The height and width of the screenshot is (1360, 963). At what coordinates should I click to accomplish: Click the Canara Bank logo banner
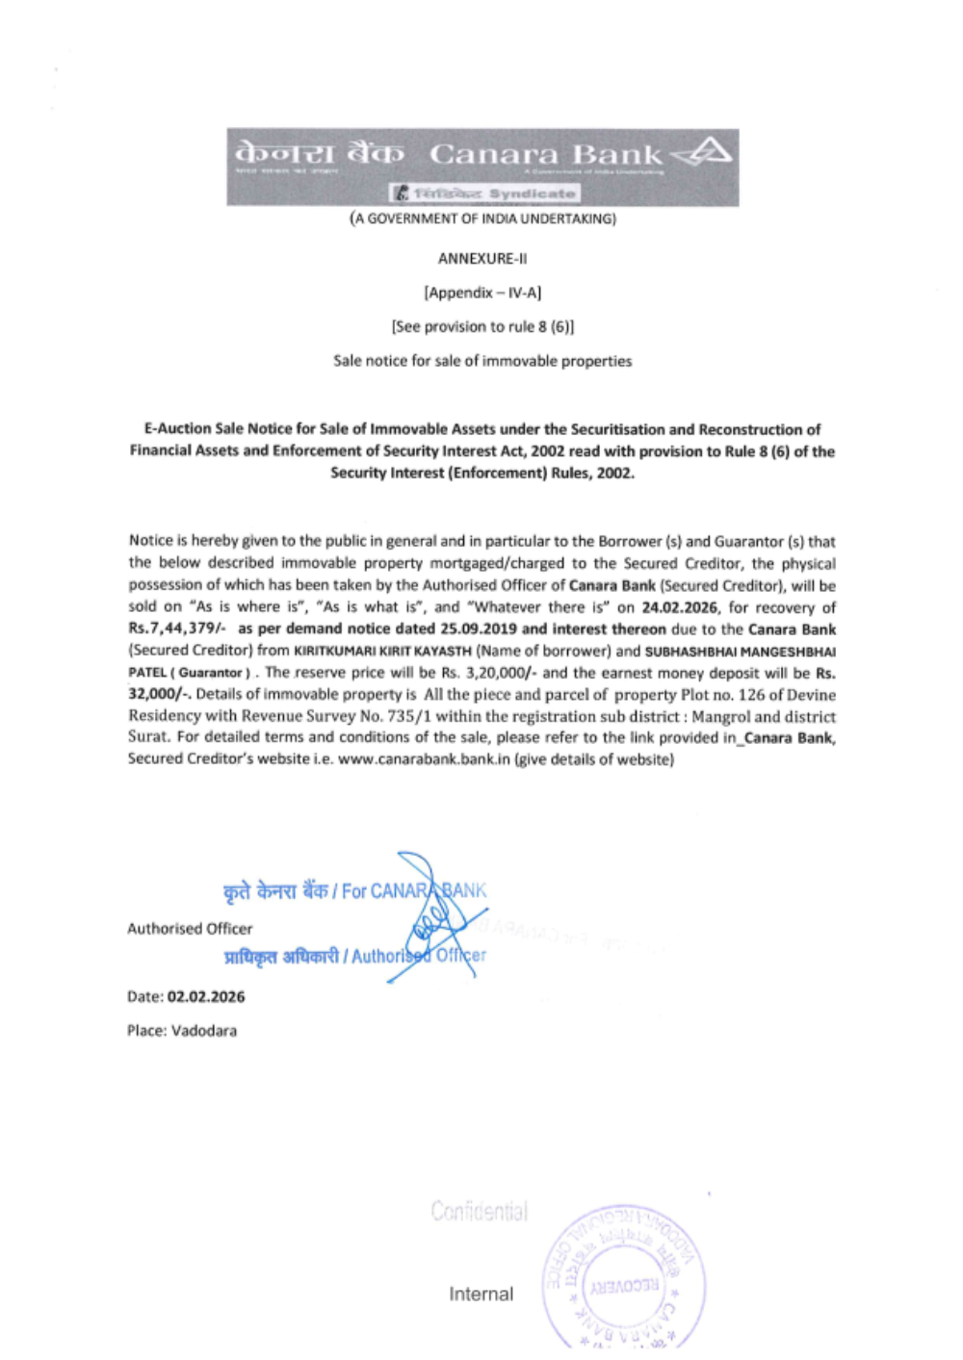[482, 166]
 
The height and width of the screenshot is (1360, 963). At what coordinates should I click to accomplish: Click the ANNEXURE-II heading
[482, 258]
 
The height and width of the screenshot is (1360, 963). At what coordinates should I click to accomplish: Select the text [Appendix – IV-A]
[482, 292]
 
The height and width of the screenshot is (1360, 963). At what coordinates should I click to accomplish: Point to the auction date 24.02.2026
[680, 607]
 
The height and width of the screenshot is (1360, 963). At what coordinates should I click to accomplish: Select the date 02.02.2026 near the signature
[206, 997]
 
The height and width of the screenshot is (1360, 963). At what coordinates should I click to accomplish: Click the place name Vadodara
[204, 1031]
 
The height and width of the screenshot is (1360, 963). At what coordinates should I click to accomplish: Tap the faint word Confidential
[479, 1211]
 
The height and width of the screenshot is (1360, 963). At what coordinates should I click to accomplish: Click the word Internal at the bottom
[481, 1295]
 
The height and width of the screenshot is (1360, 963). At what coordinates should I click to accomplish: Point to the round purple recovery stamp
[624, 1276]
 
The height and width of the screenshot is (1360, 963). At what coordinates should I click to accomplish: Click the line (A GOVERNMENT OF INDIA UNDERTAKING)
[482, 218]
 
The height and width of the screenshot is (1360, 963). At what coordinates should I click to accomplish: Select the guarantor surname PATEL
[145, 673]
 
